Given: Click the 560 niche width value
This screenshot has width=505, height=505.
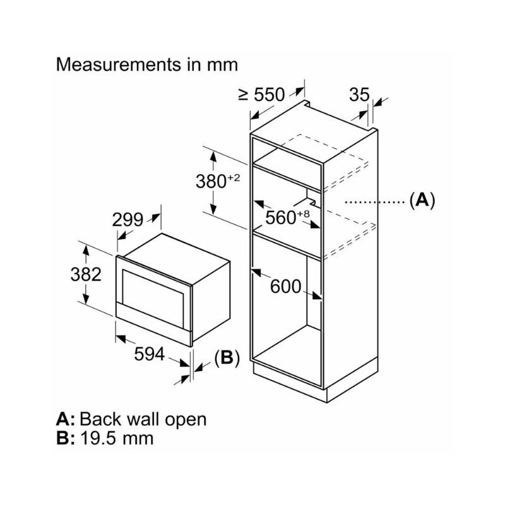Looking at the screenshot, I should (x=280, y=217).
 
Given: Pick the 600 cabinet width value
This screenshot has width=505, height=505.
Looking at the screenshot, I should (x=285, y=286).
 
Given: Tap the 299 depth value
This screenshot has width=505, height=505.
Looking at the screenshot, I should (x=128, y=220).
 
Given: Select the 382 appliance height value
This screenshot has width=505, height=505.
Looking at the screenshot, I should (x=86, y=275).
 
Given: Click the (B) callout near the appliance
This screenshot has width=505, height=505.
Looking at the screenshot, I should (x=227, y=358).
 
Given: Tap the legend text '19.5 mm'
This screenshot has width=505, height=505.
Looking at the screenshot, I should (x=117, y=437).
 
